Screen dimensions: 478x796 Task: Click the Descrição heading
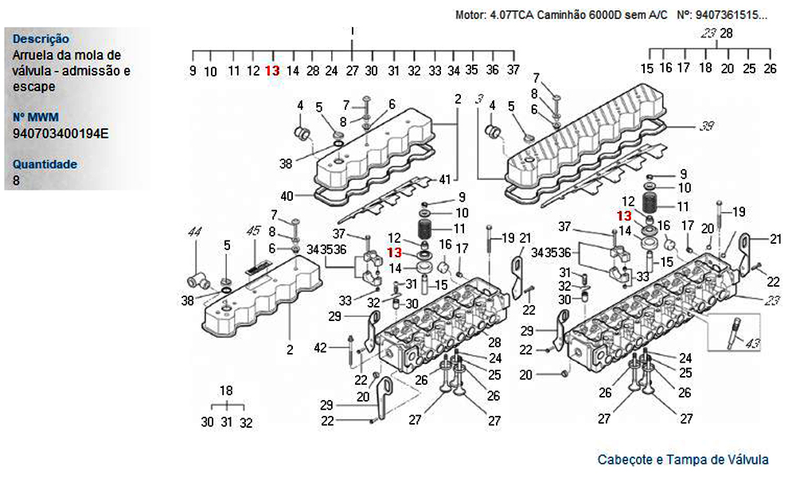pos(41,38)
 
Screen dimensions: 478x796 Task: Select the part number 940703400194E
pos(60,133)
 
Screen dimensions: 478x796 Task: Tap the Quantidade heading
pos(45,164)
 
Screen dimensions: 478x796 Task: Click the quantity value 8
pos(17,180)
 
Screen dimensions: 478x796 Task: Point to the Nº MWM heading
pos(36,117)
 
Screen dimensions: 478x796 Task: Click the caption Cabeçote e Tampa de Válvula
pos(683,460)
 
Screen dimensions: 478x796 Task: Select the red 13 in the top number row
pos(272,70)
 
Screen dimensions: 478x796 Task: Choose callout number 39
pos(707,126)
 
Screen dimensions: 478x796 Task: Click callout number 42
pos(320,347)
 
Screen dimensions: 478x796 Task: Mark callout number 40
pos(287,195)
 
